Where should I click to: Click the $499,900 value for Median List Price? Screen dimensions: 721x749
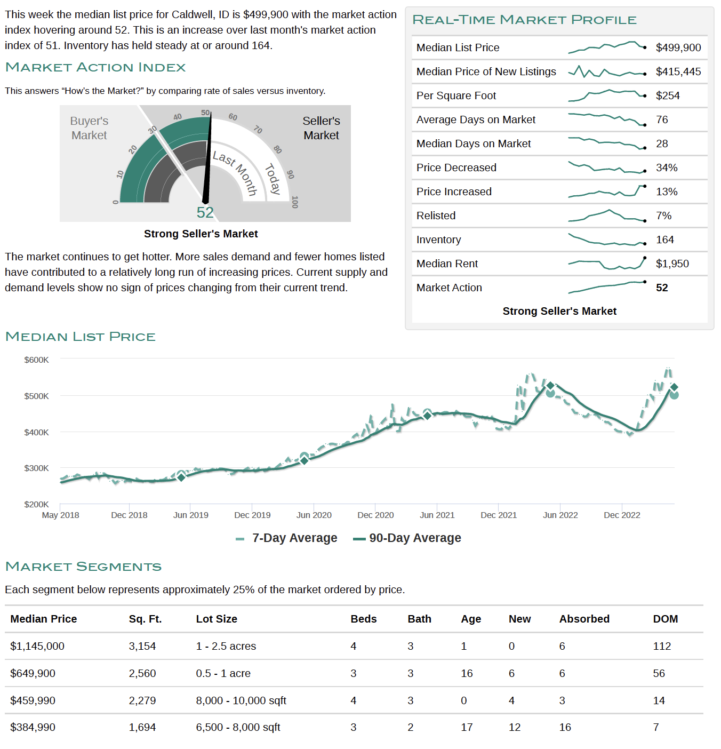pos(678,47)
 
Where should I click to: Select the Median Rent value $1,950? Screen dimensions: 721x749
pos(672,264)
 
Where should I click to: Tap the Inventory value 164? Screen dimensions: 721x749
pos(664,240)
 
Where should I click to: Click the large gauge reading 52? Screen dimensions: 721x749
pos(205,212)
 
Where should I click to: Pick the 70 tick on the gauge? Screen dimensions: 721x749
pos(258,130)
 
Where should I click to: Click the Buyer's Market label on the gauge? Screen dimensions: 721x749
pos(89,128)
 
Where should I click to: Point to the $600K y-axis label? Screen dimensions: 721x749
pos(37,360)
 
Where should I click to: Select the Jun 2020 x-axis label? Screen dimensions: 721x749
pos(314,515)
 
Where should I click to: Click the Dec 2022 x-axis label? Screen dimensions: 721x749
pos(622,515)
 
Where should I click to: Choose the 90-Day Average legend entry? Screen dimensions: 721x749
pos(407,538)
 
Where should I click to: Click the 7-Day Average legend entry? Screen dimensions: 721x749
pos(286,538)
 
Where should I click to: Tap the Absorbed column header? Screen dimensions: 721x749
pos(584,619)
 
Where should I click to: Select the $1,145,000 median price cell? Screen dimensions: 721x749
pos(37,646)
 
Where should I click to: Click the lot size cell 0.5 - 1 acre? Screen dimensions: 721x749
pos(223,673)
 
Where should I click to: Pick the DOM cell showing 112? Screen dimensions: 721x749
pos(662,646)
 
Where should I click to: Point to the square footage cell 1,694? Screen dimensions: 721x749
pos(142,727)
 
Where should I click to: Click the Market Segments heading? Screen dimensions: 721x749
pos(84,567)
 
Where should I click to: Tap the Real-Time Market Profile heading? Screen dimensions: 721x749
pos(524,20)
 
